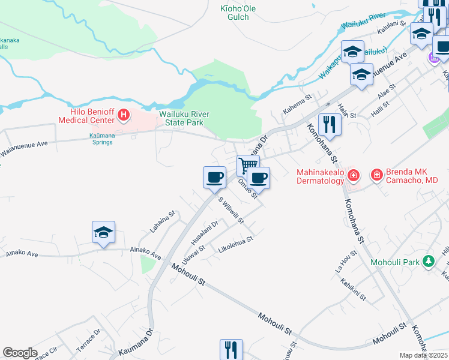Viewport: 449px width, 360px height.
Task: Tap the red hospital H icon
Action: point(124,114)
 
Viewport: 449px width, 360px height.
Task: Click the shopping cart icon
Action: point(248,165)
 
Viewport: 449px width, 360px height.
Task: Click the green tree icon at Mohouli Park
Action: point(428,261)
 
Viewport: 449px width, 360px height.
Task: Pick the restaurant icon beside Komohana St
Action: point(330,124)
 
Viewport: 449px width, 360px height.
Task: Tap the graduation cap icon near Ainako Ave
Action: point(103,232)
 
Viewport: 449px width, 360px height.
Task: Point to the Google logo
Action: point(20,353)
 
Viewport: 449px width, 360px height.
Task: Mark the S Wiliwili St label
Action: point(231,211)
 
